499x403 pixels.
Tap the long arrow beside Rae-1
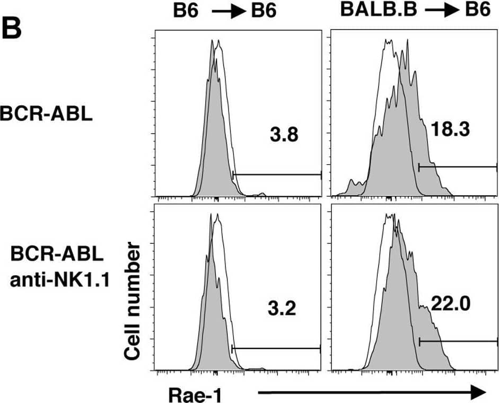click(371, 392)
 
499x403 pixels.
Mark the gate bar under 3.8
click(277, 174)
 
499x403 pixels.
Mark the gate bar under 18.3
click(457, 167)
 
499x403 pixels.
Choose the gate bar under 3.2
click(276, 348)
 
